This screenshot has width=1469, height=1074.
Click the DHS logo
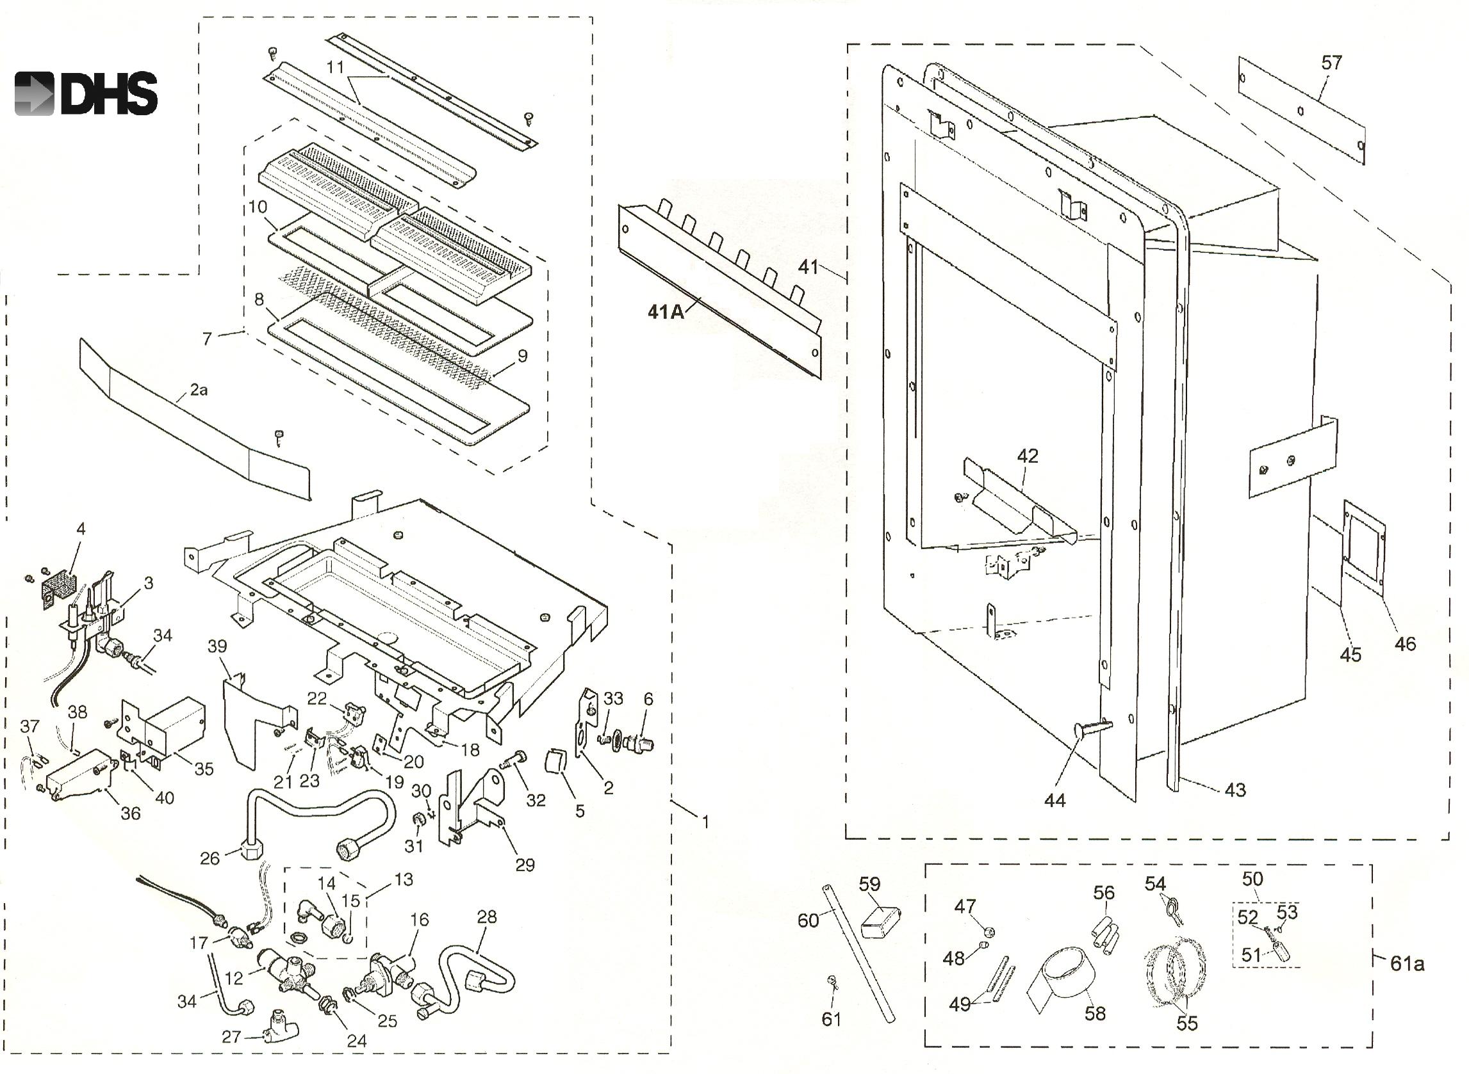point(86,93)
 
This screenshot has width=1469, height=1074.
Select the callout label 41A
point(666,312)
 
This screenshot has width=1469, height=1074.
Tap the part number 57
point(1332,63)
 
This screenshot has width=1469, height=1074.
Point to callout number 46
point(1405,644)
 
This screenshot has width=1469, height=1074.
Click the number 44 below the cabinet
point(1055,800)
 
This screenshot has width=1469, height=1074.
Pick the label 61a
point(1407,963)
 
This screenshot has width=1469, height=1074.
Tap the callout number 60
point(808,920)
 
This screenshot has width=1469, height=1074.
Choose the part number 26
point(209,859)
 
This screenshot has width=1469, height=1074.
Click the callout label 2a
point(199,390)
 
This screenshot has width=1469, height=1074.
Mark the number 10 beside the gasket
point(258,207)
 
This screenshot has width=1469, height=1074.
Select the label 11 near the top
point(335,67)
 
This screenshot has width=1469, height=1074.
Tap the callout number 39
point(217,646)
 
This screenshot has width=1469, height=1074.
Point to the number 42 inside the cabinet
point(1028,456)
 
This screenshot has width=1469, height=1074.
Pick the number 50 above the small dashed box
point(1252,879)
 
